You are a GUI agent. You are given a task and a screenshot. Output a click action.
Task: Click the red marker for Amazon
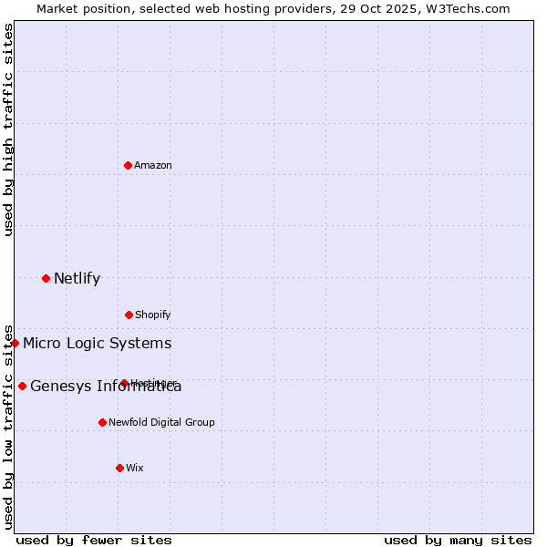pyautogui.click(x=129, y=165)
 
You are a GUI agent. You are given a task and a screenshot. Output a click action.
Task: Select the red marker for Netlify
pyautogui.click(x=46, y=278)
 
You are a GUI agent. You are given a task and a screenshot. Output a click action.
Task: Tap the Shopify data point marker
pyautogui.click(x=129, y=315)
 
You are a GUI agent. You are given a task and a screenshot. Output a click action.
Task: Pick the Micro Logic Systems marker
pyautogui.click(x=15, y=343)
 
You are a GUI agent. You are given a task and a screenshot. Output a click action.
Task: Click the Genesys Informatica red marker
pyautogui.click(x=22, y=386)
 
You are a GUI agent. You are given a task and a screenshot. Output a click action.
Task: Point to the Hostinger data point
pyautogui.click(x=124, y=383)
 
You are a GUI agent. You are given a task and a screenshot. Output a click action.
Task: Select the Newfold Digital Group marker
pyautogui.click(x=102, y=422)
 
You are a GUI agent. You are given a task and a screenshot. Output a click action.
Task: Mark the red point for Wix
pyautogui.click(x=119, y=468)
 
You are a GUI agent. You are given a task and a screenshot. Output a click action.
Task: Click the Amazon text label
pyautogui.click(x=153, y=165)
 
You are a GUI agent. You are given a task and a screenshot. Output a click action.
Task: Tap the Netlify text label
pyautogui.click(x=77, y=278)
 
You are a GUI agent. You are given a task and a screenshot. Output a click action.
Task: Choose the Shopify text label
pyautogui.click(x=153, y=315)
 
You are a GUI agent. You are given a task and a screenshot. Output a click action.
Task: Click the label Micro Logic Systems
pyautogui.click(x=97, y=343)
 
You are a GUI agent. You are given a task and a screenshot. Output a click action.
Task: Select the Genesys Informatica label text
pyautogui.click(x=106, y=386)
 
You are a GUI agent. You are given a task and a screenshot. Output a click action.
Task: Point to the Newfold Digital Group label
pyautogui.click(x=161, y=422)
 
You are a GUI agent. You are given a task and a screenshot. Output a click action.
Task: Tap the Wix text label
pyautogui.click(x=135, y=468)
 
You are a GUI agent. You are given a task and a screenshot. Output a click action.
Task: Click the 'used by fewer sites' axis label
pyautogui.click(x=94, y=540)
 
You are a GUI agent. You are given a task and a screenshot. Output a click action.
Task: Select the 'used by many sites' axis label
pyautogui.click(x=458, y=540)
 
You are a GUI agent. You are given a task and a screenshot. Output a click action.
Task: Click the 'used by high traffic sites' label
pyautogui.click(x=8, y=129)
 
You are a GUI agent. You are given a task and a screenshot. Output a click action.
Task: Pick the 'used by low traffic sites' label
pyautogui.click(x=8, y=427)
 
